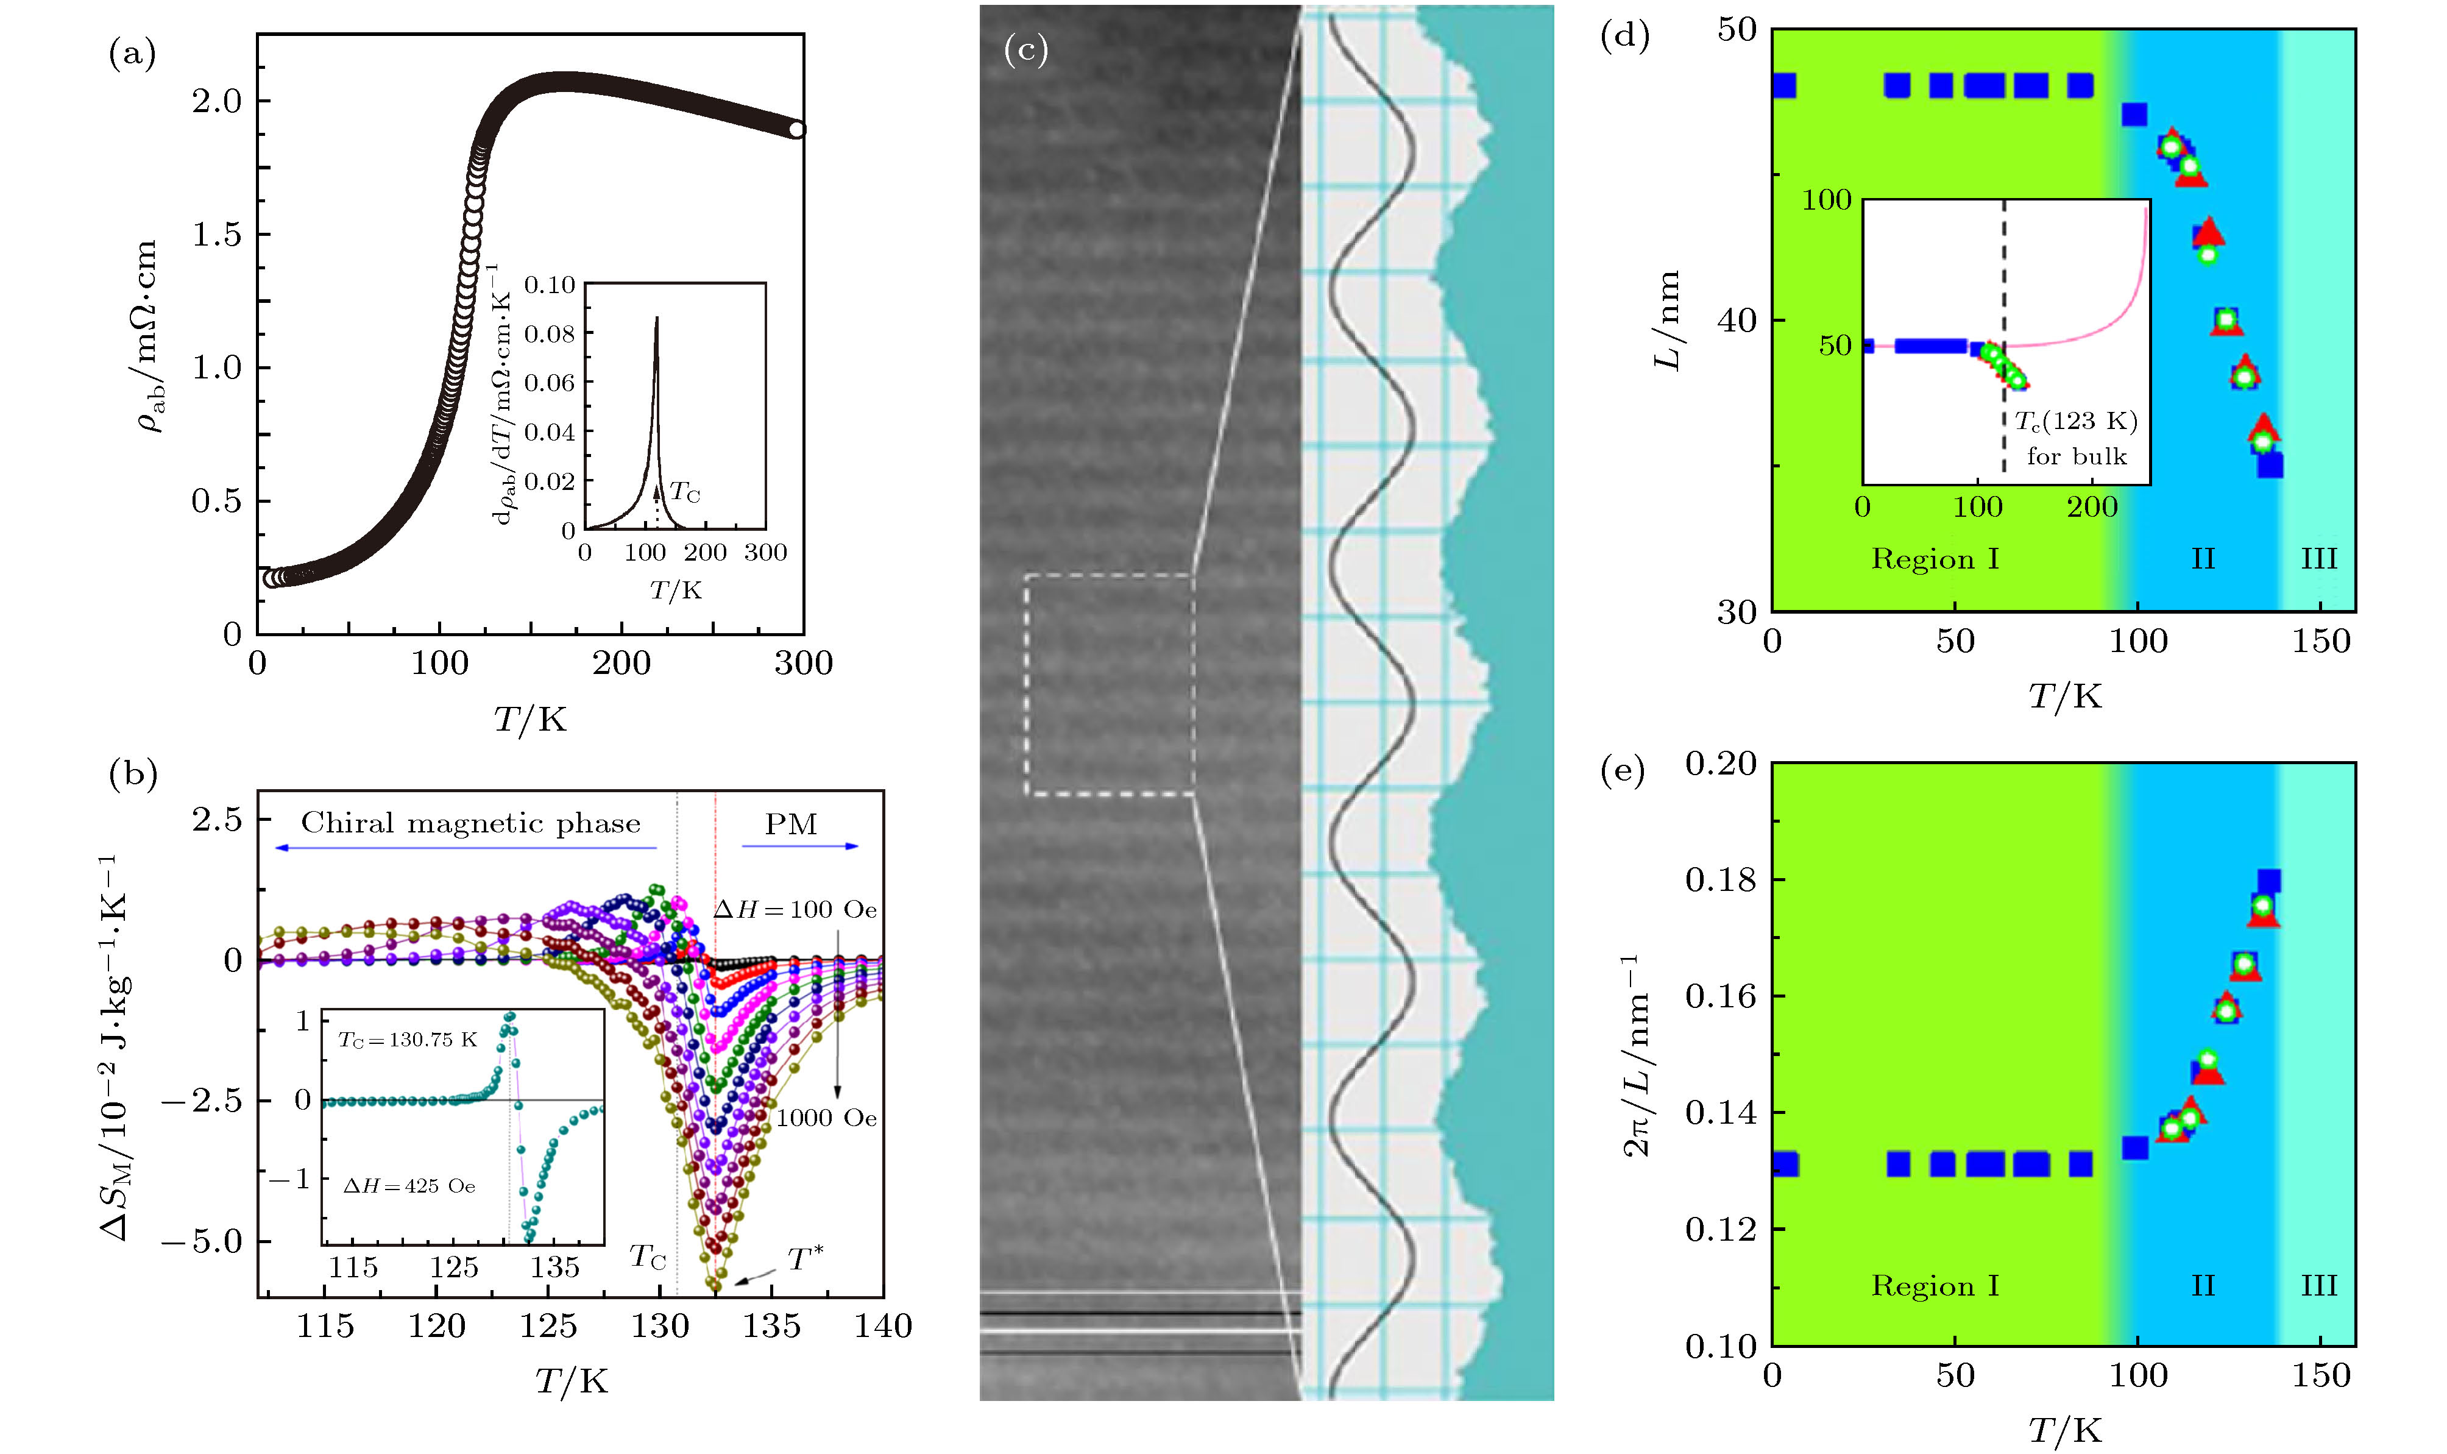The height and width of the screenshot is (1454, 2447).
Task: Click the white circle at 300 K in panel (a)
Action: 798,129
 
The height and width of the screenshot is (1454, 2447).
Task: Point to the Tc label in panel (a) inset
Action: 685,493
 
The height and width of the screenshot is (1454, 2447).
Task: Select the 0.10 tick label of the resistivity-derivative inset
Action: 550,285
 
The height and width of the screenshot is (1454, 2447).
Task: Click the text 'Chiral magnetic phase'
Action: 470,823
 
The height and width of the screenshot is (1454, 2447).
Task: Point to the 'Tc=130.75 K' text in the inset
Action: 408,1040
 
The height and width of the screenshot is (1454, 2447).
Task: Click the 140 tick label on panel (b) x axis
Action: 883,1327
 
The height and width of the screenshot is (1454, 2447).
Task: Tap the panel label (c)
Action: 1025,49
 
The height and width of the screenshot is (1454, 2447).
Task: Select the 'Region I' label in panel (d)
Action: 1935,559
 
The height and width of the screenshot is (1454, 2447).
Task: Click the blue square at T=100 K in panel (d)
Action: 2134,115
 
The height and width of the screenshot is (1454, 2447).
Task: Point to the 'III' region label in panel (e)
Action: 2318,1285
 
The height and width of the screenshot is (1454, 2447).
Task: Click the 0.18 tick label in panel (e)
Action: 1721,880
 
